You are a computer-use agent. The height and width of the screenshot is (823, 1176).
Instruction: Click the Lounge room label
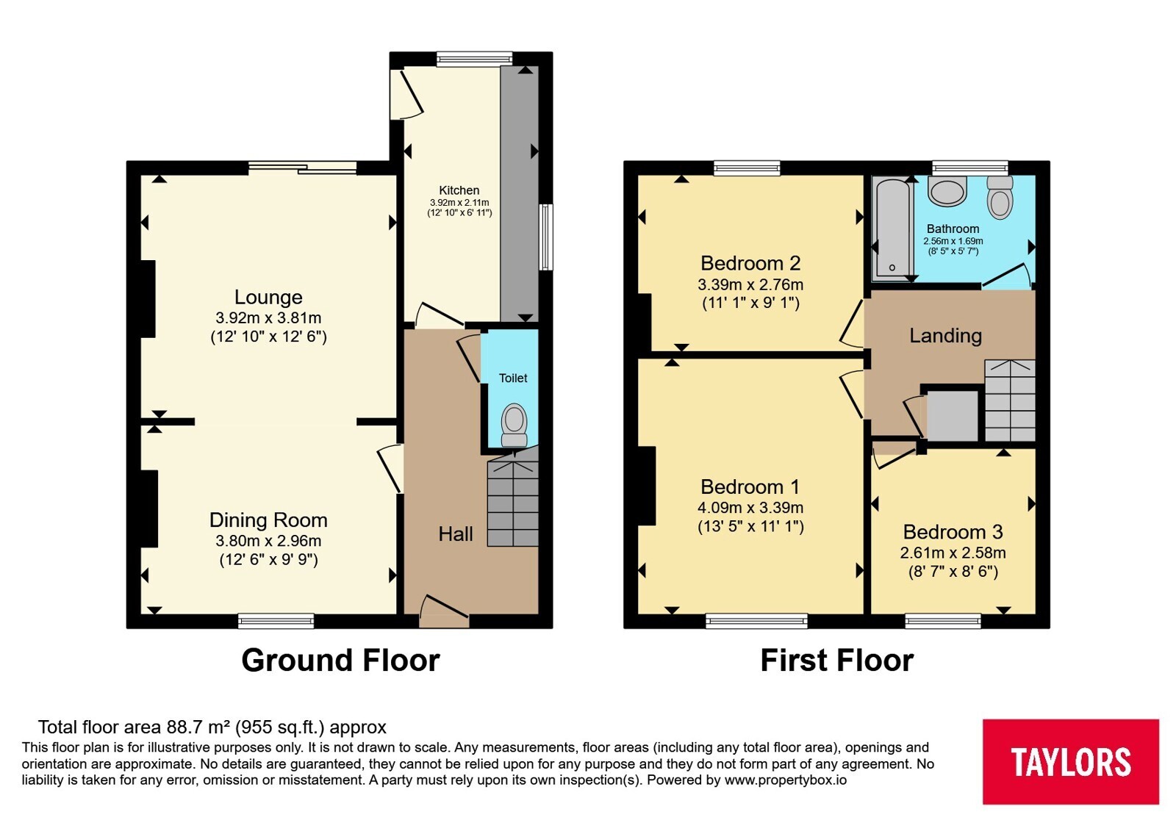[268, 297]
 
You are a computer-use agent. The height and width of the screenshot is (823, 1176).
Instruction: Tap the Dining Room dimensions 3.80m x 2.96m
[268, 541]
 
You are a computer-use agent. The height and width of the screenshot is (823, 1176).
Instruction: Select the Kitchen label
[459, 190]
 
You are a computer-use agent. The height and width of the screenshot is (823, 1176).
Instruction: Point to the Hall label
[456, 533]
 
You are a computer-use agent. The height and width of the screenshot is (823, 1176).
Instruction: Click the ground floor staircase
[513, 503]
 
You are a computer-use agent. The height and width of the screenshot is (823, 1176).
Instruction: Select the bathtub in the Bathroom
[892, 228]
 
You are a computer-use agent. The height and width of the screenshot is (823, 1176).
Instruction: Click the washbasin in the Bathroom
[947, 191]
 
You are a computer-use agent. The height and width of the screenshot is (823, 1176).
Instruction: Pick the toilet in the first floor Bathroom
[1000, 198]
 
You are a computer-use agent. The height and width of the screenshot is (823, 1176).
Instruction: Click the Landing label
[945, 335]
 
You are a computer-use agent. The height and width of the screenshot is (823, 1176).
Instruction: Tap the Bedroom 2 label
[750, 263]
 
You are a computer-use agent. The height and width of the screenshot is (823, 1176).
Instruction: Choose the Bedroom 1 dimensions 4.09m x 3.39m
[750, 508]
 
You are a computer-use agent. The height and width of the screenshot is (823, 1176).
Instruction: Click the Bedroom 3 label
[953, 532]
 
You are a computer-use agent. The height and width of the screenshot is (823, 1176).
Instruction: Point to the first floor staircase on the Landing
[1010, 400]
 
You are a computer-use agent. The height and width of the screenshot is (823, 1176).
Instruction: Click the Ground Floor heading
[340, 661]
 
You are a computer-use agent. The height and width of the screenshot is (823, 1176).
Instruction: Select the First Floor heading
[837, 661]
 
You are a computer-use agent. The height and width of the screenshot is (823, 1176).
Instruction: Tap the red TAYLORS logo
[1071, 761]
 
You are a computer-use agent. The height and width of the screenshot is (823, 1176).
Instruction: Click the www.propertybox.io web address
[786, 780]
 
